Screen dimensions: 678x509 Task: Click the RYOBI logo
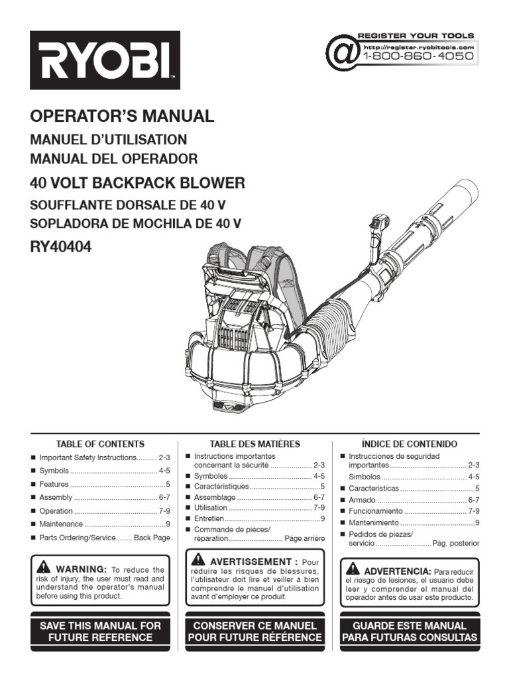click(105, 60)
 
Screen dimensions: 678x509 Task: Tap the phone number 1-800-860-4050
click(418, 56)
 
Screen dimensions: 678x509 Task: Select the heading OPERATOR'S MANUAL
click(123, 117)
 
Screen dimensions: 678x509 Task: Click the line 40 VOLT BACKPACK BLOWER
click(138, 183)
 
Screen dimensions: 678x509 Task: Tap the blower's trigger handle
click(378, 228)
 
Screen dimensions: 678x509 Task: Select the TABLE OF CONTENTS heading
click(100, 444)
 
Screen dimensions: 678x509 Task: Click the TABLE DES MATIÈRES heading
click(255, 444)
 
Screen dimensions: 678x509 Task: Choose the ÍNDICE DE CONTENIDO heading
click(410, 444)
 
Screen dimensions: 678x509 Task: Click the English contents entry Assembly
click(56, 497)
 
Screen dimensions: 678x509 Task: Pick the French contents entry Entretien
click(209, 518)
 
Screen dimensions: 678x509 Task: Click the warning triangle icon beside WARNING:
click(44, 567)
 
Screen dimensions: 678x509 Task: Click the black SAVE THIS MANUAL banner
click(100, 631)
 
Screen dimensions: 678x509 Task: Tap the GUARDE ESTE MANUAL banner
click(410, 631)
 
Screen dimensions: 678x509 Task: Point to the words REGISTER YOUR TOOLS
click(416, 36)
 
